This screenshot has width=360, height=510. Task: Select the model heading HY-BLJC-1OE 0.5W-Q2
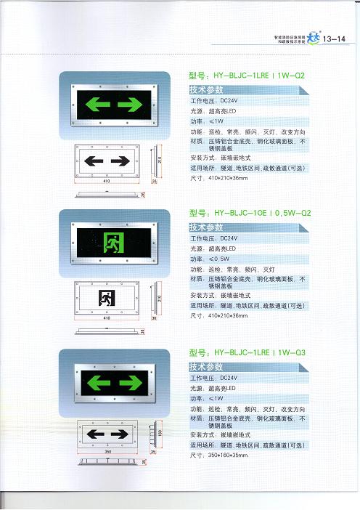(x=250, y=214)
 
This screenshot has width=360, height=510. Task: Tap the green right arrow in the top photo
(x=129, y=105)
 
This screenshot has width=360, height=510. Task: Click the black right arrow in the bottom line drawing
(x=125, y=435)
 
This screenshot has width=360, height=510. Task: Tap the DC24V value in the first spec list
(x=227, y=101)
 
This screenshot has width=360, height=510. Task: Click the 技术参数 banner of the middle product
(x=206, y=228)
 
